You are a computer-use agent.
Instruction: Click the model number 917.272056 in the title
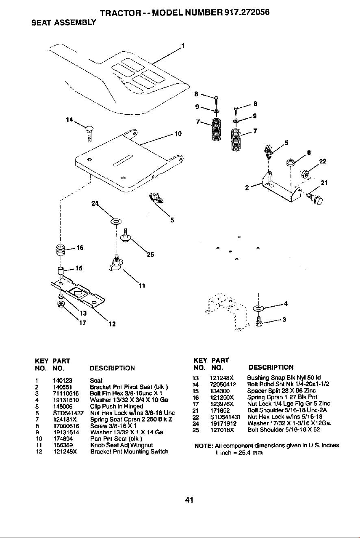pyautogui.click(x=247, y=12)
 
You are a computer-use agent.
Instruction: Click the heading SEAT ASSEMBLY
pyautogui.click(x=64, y=23)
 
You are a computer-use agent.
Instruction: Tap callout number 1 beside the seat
pyautogui.click(x=183, y=46)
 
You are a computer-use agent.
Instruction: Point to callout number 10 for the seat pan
pyautogui.click(x=178, y=133)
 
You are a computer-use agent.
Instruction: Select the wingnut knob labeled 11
pyautogui.click(x=116, y=265)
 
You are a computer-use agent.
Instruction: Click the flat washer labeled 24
pyautogui.click(x=116, y=221)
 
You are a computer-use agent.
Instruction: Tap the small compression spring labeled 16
pyautogui.click(x=61, y=250)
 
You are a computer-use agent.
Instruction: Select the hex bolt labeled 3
pyautogui.click(x=258, y=321)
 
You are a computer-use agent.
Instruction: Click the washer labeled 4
pyautogui.click(x=258, y=308)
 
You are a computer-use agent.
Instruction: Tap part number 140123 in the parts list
pyautogui.click(x=63, y=381)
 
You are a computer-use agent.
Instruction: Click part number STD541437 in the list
pyautogui.click(x=68, y=413)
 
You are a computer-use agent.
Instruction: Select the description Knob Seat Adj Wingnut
pyautogui.click(x=121, y=445)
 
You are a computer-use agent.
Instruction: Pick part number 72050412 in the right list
pyautogui.click(x=223, y=384)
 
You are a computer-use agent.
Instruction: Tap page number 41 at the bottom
pyautogui.click(x=189, y=500)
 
